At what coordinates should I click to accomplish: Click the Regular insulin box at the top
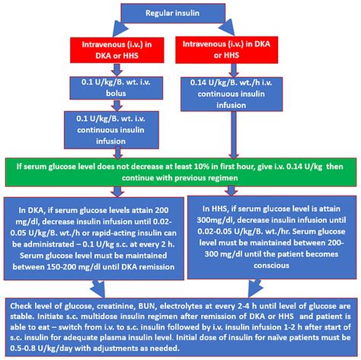pos(180,12)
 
